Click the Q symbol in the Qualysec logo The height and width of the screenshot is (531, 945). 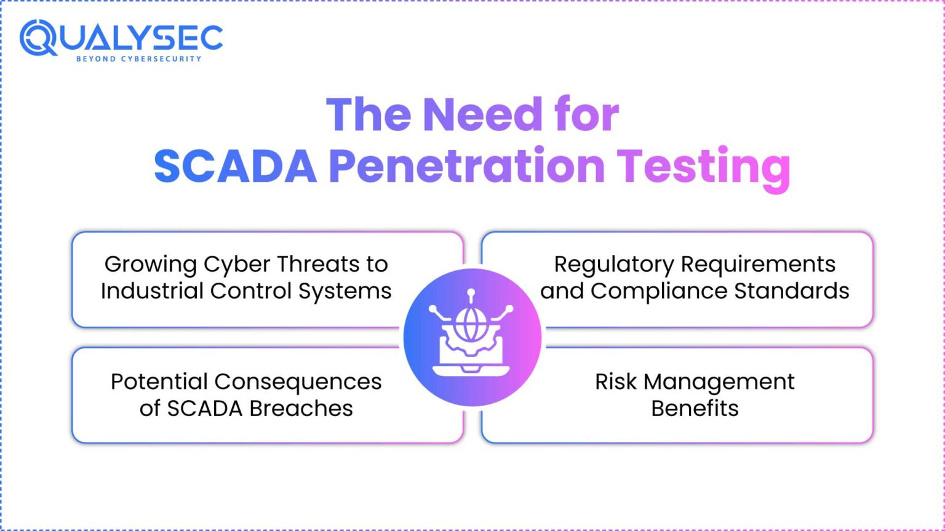pos(38,37)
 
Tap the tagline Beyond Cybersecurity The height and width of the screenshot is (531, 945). pos(138,59)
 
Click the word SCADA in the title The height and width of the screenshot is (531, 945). pos(235,167)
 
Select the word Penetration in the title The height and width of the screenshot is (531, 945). pos(467,167)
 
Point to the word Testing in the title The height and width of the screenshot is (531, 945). pos(703,167)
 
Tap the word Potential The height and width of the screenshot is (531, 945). pos(159,382)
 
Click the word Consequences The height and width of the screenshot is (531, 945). pos(298,382)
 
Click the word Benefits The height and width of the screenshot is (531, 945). pos(695,408)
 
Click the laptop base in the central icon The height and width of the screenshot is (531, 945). pos(471,371)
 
